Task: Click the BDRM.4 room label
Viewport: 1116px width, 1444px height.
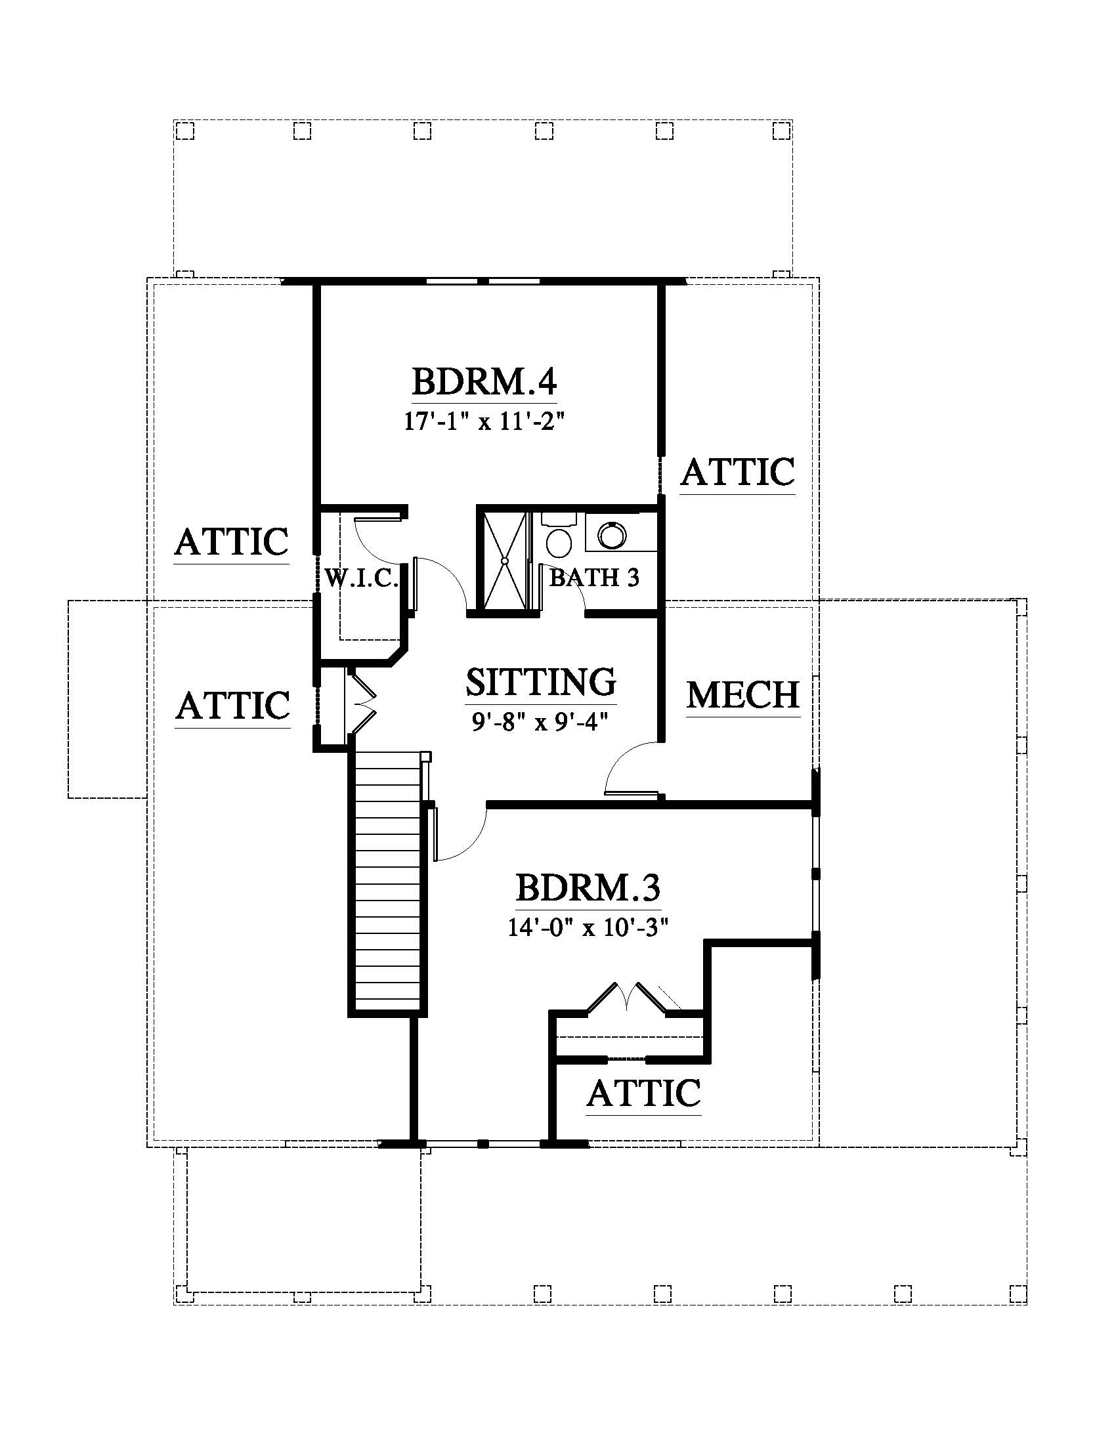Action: pos(484,382)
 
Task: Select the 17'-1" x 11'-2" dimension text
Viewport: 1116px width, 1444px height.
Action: pos(484,421)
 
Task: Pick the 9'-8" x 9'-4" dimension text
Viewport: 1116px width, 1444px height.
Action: pos(540,721)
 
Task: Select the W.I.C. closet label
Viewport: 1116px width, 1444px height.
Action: pos(361,578)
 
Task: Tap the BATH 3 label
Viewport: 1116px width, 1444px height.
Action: pos(594,578)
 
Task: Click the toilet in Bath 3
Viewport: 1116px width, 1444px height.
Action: pos(559,536)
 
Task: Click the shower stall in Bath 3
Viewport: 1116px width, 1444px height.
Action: pos(504,561)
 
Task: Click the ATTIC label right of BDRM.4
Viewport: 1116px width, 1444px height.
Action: pos(738,472)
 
